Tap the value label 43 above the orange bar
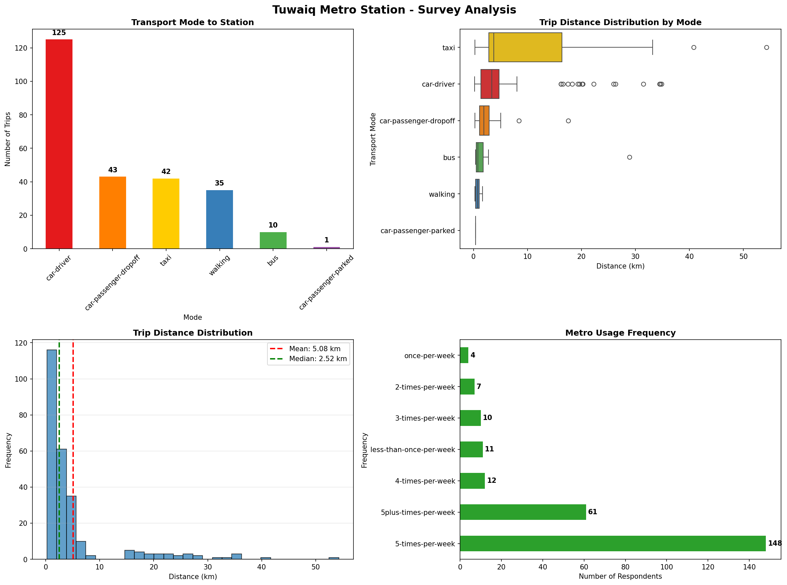113,170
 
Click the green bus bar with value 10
273,240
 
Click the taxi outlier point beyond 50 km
766,47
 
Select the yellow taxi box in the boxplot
525,47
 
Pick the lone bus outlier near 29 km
629,157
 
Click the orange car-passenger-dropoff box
484,121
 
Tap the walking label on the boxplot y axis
441,194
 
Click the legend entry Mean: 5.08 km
314,349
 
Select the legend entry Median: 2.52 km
317,359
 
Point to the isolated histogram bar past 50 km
334,559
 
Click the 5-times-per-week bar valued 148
612,544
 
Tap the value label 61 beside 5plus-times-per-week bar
592,512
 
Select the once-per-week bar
464,355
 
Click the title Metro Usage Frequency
620,333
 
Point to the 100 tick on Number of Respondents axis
667,567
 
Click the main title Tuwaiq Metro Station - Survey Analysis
394,10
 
